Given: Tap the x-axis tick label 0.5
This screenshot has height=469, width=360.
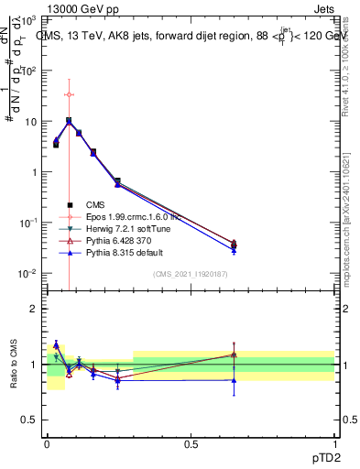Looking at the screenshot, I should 191,443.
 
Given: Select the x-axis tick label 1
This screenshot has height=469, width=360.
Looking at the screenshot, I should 333,443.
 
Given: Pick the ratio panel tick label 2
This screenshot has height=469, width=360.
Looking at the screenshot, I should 34,309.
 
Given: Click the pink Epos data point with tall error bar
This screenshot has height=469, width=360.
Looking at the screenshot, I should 69,94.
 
